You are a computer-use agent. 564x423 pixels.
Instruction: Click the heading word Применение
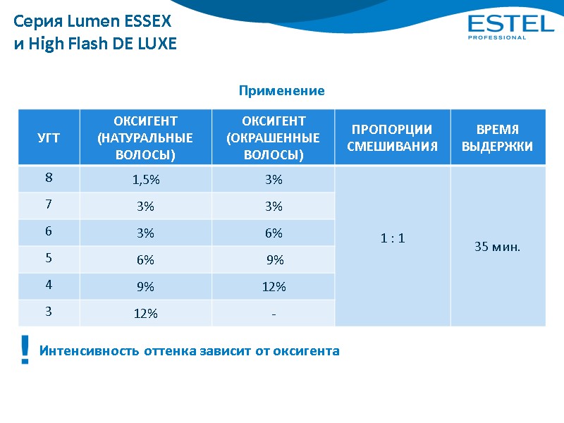pos(281,91)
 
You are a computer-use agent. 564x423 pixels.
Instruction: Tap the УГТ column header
pos(49,137)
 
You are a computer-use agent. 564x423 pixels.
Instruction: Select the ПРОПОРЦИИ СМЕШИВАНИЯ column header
pos(392,137)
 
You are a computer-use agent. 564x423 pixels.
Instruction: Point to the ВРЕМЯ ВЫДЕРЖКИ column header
pos(497,137)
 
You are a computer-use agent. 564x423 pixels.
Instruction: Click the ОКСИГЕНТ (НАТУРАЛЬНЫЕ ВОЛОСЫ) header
pos(146,137)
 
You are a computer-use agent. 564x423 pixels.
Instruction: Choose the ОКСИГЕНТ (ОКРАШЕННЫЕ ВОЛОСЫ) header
pos(274,137)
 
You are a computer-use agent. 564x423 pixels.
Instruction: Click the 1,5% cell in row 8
pos(146,180)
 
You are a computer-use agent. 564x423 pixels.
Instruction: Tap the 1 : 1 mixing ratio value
pos(392,238)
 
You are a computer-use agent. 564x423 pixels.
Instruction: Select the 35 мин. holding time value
pos(497,247)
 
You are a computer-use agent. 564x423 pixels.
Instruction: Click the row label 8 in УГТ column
pos(49,178)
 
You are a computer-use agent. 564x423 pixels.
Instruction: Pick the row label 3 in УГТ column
pos(49,312)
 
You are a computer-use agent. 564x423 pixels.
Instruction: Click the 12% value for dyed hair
pos(274,287)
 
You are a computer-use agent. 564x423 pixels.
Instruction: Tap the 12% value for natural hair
pos(146,314)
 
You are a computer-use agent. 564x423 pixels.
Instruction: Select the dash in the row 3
pos(274,314)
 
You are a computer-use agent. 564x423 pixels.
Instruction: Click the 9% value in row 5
pos(275,260)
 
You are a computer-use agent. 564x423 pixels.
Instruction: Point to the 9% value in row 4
pos(146,287)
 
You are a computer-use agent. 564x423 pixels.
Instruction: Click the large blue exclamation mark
pos(25,350)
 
